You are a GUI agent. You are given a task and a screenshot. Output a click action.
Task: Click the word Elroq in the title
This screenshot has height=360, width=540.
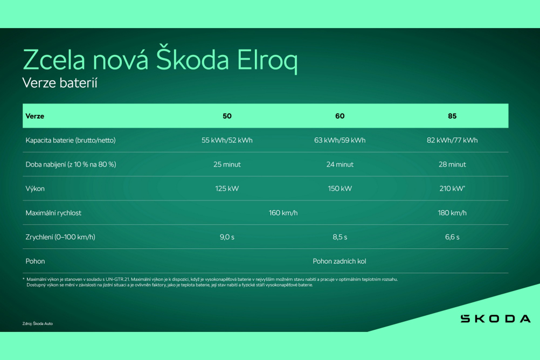click(267, 60)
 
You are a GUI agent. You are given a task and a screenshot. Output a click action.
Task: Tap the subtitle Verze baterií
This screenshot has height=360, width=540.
click(60, 83)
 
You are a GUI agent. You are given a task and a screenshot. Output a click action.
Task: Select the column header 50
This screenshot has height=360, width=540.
click(227, 116)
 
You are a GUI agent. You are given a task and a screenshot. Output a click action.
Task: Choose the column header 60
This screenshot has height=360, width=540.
click(340, 116)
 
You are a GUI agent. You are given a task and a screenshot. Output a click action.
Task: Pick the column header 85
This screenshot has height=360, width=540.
click(452, 116)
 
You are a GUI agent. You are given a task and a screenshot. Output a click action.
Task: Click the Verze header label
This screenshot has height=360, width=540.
click(35, 116)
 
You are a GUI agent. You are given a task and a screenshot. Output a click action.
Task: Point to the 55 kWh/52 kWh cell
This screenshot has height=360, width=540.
click(227, 140)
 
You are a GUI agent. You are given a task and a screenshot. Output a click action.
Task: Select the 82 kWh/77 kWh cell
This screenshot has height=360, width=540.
click(452, 140)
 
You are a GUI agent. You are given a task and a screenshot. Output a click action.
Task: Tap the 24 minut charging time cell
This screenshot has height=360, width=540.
click(340, 164)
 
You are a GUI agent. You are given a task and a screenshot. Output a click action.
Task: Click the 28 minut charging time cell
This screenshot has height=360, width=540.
click(452, 164)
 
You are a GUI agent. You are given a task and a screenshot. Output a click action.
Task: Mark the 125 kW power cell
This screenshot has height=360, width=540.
click(227, 189)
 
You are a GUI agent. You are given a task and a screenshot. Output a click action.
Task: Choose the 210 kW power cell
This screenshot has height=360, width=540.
click(452, 189)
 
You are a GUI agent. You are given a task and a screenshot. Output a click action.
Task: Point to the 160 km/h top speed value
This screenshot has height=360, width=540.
click(283, 213)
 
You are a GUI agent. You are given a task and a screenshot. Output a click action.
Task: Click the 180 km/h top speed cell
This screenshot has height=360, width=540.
click(452, 213)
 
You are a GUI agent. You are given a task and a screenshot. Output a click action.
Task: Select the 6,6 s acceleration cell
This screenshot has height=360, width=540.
click(452, 237)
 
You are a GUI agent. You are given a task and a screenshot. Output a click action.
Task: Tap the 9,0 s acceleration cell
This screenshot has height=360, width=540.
click(227, 237)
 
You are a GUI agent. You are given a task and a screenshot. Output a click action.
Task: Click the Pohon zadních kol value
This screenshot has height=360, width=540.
click(339, 261)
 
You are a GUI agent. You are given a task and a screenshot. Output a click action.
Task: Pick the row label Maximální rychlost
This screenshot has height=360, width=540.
click(53, 213)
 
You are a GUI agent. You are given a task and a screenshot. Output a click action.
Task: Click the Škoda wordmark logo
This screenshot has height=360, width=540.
click(496, 319)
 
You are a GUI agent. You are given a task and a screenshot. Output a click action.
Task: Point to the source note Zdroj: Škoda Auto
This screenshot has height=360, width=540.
click(38, 323)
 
